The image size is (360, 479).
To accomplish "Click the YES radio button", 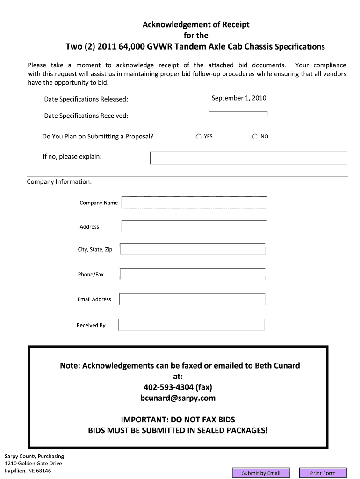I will click(x=199, y=137).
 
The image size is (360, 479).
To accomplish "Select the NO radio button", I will click(x=255, y=137).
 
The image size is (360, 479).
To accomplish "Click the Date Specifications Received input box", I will click(x=238, y=117).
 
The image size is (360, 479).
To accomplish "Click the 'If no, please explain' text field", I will click(x=248, y=158).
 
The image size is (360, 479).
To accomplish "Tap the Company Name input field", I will click(x=194, y=203).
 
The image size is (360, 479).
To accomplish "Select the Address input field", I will click(x=194, y=226).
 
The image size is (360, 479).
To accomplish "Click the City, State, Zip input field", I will click(x=193, y=249).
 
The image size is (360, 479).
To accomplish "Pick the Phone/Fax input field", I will click(x=193, y=274).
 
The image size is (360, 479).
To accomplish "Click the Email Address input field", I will click(x=192, y=299).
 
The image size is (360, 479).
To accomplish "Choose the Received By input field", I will click(x=192, y=325).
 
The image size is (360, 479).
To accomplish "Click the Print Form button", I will click(x=323, y=473).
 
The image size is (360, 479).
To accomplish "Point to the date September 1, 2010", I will click(x=239, y=98).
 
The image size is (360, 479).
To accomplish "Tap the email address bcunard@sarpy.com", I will click(x=178, y=398).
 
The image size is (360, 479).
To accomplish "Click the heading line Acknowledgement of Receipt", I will click(x=196, y=24).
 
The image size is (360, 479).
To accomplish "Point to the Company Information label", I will click(x=59, y=181).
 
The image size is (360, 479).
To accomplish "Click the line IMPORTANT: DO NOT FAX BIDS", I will click(x=178, y=419).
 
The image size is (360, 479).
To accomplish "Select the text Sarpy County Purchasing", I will click(x=34, y=456).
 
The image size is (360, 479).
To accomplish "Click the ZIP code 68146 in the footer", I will click(x=42, y=471).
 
